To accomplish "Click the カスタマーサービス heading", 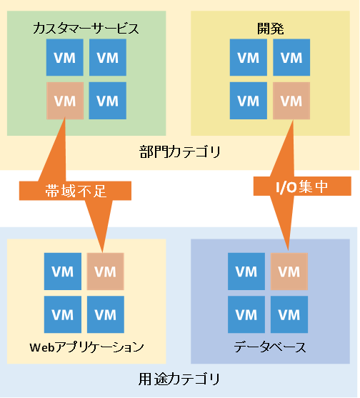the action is point(86,28).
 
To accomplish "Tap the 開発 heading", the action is point(271,29).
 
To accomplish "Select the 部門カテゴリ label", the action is point(180,151).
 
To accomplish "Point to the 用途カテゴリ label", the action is point(179,379).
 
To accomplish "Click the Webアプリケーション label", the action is point(86,347).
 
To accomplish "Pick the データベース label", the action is point(270,347).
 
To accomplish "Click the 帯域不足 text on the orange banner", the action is point(76,191).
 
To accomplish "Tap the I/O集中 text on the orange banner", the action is point(302,186).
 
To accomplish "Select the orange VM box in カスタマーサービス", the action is point(65,101).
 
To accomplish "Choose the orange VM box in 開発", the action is point(291,101).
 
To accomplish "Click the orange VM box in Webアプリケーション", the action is point(106,272).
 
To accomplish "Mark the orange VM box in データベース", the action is point(289,272).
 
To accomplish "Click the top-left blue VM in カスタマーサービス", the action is point(65,57).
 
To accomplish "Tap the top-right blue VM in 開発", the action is point(291,57).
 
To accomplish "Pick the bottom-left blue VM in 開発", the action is point(249,101).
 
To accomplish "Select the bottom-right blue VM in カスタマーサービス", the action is point(108,101).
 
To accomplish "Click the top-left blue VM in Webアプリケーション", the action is point(63,272).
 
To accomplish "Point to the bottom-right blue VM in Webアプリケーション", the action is point(106,314).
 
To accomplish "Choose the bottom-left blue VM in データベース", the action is point(246,314).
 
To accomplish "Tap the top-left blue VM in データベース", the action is point(246,272).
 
